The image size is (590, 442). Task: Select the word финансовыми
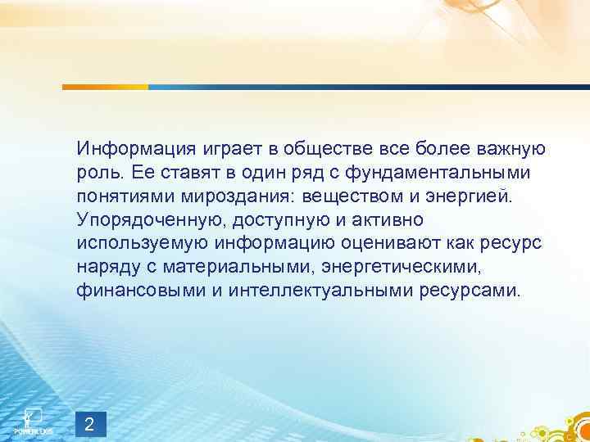137,291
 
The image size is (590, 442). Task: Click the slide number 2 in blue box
90,422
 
